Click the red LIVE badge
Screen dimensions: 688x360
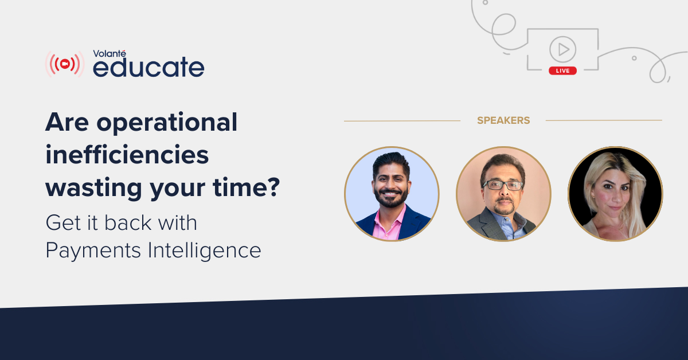[562, 71]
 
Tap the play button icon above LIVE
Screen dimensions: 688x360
[562, 49]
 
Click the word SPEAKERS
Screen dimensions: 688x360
[503, 120]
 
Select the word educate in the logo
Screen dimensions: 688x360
[148, 66]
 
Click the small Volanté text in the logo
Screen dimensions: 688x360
[110, 53]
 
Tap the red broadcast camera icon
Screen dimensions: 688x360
[64, 64]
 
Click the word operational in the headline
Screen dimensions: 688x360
[167, 123]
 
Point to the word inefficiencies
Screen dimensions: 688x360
[127, 155]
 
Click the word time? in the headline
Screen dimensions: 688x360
[247, 187]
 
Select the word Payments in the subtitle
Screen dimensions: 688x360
[93, 251]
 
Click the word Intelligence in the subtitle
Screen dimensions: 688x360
[204, 251]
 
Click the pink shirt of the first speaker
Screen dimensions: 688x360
[388, 226]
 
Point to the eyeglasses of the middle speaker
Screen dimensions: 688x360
[503, 185]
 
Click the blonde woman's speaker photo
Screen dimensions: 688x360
[615, 194]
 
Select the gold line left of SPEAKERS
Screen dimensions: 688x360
[402, 121]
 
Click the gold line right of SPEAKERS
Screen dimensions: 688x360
[604, 120]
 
